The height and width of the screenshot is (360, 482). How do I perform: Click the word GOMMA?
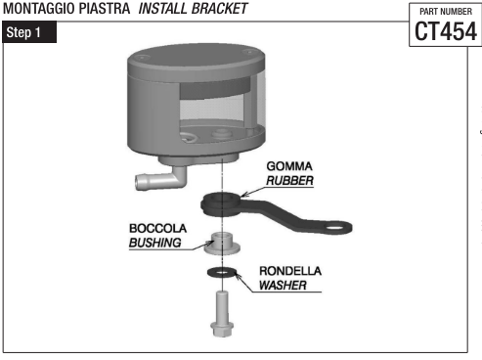click(x=287, y=166)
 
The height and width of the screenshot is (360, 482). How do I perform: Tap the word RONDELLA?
click(x=290, y=271)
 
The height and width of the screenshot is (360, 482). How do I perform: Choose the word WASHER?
click(x=285, y=287)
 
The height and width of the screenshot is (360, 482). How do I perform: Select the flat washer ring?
click(x=221, y=271)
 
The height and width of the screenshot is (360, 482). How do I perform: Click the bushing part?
click(x=221, y=241)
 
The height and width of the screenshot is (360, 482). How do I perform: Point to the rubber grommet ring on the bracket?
click(x=221, y=202)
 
